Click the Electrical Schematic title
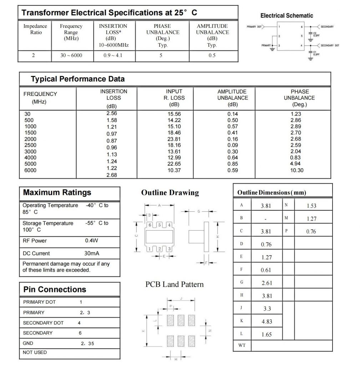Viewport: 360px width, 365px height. (x=287, y=16)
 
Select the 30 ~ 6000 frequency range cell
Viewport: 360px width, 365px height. (x=72, y=56)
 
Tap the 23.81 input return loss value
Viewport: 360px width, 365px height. (x=174, y=139)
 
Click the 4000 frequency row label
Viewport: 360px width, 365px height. (x=30, y=158)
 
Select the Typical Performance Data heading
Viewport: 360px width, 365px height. (x=78, y=79)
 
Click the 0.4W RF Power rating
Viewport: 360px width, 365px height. (x=91, y=241)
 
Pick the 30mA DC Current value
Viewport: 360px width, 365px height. (x=92, y=253)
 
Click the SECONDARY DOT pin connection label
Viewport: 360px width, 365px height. (x=43, y=323)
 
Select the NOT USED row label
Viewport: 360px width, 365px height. (x=35, y=353)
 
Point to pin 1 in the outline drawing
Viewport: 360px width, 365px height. (x=150, y=249)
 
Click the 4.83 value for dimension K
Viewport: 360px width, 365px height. (x=267, y=322)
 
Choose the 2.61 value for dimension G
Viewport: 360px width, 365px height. (x=267, y=283)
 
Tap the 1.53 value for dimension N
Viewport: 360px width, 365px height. (x=311, y=206)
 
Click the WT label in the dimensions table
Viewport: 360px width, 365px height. (x=242, y=345)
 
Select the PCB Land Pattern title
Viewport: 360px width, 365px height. (x=174, y=284)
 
